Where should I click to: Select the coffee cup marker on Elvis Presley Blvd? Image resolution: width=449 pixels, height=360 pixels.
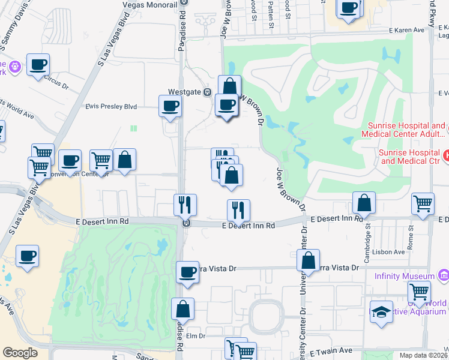(x=169, y=106)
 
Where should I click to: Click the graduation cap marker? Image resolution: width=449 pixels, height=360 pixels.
(x=381, y=312)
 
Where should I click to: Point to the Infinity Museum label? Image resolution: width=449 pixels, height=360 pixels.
(x=404, y=276)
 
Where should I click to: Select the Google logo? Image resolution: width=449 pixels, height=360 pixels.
(x=20, y=353)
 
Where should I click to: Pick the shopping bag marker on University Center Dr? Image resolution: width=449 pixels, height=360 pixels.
(x=308, y=260)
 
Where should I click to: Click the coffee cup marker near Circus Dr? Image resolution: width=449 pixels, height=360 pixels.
(x=38, y=64)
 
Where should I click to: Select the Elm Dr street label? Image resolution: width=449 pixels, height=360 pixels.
(x=196, y=336)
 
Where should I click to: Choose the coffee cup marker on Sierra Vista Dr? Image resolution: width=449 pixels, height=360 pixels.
(x=188, y=272)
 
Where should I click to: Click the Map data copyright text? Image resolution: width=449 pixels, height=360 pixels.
(x=423, y=355)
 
